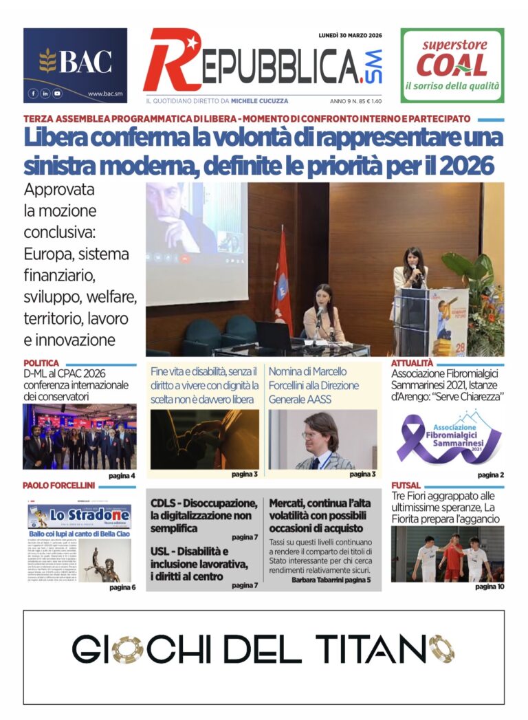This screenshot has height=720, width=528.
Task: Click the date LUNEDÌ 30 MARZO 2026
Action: point(350,35)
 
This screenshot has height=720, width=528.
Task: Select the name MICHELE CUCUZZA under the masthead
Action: point(265,100)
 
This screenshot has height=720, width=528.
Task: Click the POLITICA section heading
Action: point(41,363)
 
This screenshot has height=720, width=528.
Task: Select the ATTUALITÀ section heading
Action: point(412,363)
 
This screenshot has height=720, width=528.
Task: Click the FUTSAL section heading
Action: point(406,486)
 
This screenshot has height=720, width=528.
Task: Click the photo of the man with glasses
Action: point(322,439)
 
